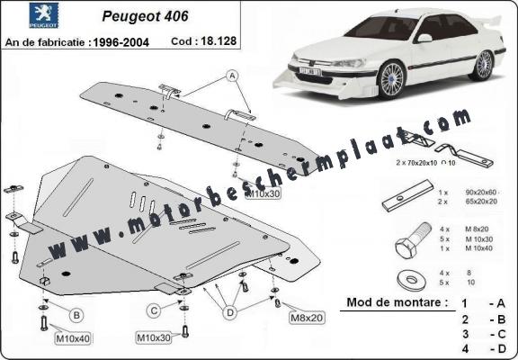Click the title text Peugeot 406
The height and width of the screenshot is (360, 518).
(153, 15)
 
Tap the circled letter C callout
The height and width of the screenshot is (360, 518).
(154, 310)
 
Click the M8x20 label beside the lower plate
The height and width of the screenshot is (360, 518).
(306, 318)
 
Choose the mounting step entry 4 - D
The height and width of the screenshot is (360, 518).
(485, 348)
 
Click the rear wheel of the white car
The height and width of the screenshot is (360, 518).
(486, 64)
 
